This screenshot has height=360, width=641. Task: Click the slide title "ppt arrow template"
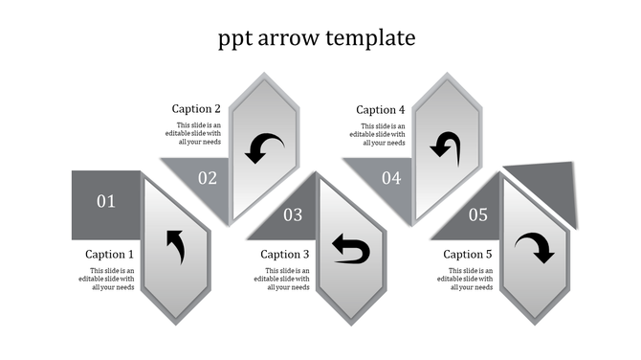[x=317, y=38]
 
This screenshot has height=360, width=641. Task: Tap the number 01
[x=105, y=201]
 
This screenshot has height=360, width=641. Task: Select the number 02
[x=208, y=177]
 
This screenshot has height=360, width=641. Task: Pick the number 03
[x=293, y=215]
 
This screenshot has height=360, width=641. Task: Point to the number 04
[x=391, y=177]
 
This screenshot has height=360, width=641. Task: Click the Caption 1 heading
[x=110, y=255]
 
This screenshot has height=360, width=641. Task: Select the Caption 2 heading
[x=197, y=109]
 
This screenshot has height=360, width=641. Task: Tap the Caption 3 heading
[x=285, y=255]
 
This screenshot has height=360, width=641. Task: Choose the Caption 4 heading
[x=381, y=110]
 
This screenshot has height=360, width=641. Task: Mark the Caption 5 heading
[x=468, y=255]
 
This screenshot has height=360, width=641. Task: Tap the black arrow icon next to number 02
[x=264, y=147]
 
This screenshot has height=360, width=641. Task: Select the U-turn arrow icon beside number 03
[x=350, y=249]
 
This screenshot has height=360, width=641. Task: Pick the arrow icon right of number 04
[x=445, y=145]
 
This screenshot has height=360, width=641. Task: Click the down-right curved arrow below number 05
[x=534, y=249]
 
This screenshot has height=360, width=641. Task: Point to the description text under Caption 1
[x=112, y=279]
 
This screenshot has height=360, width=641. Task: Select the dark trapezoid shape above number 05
[x=545, y=187]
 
